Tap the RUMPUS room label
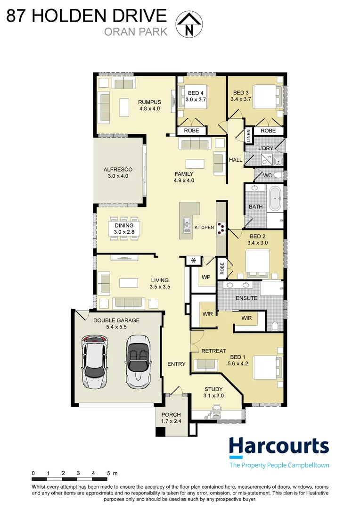pyautogui.click(x=149, y=105)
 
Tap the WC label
pyautogui.click(x=267, y=175)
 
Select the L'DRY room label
pyautogui.click(x=266, y=148)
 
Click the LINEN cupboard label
pyautogui.click(x=248, y=136)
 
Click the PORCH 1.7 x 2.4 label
pyautogui.click(x=171, y=418)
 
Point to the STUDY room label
pyautogui.click(x=213, y=392)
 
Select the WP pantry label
pyautogui.click(x=205, y=278)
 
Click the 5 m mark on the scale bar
pyautogui.click(x=109, y=473)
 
